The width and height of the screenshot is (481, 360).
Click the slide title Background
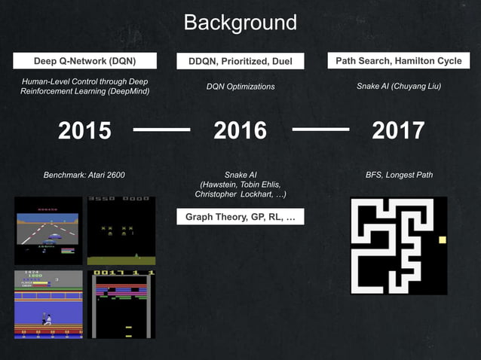(240, 22)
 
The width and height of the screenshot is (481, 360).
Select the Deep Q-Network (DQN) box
(84, 61)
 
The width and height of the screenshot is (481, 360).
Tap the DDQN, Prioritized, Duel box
(240, 61)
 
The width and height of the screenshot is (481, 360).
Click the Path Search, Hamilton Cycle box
(398, 61)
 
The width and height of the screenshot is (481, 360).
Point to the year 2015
(84, 130)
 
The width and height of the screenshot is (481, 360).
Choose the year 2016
(240, 130)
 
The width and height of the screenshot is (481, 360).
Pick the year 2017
(398, 130)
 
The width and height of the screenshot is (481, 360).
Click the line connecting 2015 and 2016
(161, 130)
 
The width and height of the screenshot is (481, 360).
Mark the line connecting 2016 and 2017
(320, 130)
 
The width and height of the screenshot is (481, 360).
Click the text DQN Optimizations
(240, 87)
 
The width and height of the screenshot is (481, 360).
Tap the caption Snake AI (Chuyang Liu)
(398, 87)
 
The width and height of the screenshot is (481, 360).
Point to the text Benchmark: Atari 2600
(84, 175)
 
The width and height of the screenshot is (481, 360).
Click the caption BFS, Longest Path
(399, 175)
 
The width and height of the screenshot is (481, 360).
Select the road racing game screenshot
(48, 230)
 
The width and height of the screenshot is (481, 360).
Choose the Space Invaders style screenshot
(121, 230)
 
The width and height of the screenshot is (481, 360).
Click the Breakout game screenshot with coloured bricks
(121, 304)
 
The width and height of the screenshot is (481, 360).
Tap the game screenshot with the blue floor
(48, 304)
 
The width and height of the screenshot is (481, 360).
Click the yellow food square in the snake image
(443, 240)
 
